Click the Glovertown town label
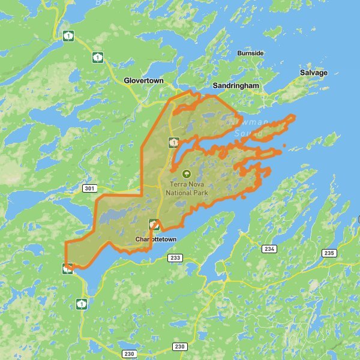pyautogui.click(x=143, y=80)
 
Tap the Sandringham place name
pyautogui.click(x=236, y=86)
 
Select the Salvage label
pyautogui.click(x=314, y=73)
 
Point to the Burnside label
pyautogui.click(x=250, y=53)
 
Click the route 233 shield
pyautogui.click(x=175, y=258)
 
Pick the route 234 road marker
pyautogui.click(x=269, y=248)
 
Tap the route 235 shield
pyautogui.click(x=329, y=253)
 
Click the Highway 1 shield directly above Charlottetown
pyautogui.click(x=154, y=224)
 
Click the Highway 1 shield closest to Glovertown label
pyautogui.click(x=97, y=57)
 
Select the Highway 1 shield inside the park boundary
pyautogui.click(x=174, y=142)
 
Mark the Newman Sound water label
pyautogui.click(x=240, y=127)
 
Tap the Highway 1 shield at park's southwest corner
pyautogui.click(x=68, y=268)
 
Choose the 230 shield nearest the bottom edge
pyautogui.click(x=129, y=354)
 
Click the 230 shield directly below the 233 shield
pyautogui.click(x=179, y=346)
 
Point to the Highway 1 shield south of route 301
pyautogui.click(x=82, y=304)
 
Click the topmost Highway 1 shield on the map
pyautogui.click(x=69, y=37)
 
